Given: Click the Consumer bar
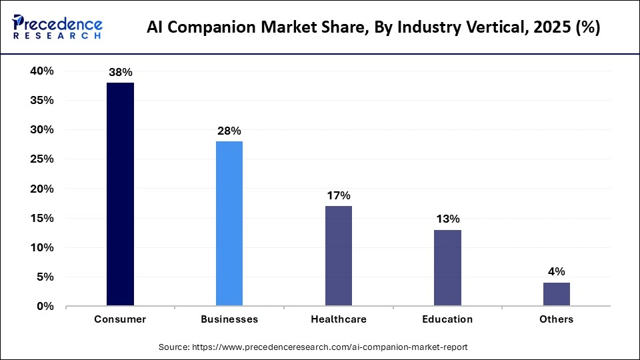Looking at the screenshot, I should click(x=120, y=194).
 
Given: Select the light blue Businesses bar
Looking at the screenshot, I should click(x=229, y=223).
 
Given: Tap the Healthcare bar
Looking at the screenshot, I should click(x=338, y=256).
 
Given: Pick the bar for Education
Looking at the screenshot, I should click(x=447, y=267).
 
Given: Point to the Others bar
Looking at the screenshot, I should click(x=556, y=294).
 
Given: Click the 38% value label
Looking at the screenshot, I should click(x=120, y=72).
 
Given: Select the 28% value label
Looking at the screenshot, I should click(x=229, y=131).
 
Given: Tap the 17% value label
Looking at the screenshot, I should click(x=338, y=195).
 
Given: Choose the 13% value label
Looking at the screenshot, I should click(x=447, y=219).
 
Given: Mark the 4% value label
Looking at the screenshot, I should click(x=556, y=271).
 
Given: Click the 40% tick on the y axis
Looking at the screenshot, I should click(x=41, y=71).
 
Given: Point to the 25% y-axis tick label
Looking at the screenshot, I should click(x=41, y=159).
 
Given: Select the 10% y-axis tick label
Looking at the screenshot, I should click(x=41, y=247).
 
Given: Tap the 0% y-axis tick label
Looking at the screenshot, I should click(x=45, y=306).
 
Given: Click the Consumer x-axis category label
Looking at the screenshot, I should click(x=120, y=319).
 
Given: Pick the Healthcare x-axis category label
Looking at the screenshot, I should click(x=338, y=319).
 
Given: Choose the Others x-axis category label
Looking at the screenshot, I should click(x=556, y=319).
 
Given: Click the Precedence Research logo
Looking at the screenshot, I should click(x=57, y=27).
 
